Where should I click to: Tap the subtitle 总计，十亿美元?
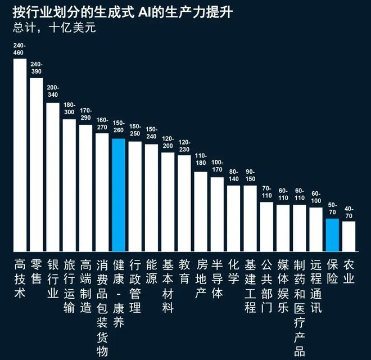tap(54, 28)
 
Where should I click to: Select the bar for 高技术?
tap(20, 155)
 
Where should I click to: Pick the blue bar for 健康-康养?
tap(118, 195)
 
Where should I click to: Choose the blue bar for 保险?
tap(332, 235)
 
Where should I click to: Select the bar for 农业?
tap(349, 236)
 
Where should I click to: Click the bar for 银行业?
tap(53, 177)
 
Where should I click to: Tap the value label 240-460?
tap(20, 49)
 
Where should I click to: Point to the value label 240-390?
tap(36, 68)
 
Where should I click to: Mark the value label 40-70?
tap(349, 211)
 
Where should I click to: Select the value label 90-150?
tap(250, 175)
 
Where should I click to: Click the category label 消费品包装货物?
tap(102, 307)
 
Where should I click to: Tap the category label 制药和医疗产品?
tap(300, 307)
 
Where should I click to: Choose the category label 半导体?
tap(218, 279)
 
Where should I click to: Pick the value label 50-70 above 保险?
tap(332, 209)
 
